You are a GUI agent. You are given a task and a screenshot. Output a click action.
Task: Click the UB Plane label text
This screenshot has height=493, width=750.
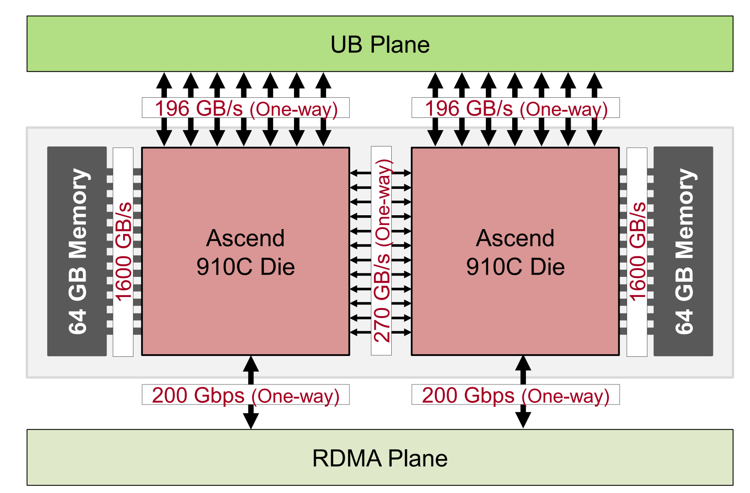pyautogui.click(x=380, y=45)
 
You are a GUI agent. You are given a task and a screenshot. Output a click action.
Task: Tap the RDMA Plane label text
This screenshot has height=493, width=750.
pyautogui.click(x=380, y=458)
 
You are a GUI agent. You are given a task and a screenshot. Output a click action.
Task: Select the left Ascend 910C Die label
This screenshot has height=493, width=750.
pyautogui.click(x=245, y=252)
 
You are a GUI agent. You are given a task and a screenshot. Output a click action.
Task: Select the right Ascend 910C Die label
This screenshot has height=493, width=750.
pyautogui.click(x=515, y=252)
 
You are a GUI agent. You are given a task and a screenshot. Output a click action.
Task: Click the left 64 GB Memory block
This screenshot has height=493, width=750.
pyautogui.click(x=77, y=251)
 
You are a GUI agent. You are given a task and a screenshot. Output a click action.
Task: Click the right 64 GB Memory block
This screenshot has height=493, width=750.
pyautogui.click(x=684, y=251)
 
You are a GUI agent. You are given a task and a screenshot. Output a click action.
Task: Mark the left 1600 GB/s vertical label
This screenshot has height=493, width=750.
pyautogui.click(x=123, y=252)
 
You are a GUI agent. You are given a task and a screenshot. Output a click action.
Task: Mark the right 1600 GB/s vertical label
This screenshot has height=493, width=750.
pyautogui.click(x=637, y=252)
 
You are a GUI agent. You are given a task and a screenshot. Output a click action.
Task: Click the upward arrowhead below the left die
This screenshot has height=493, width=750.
pyautogui.click(x=251, y=363)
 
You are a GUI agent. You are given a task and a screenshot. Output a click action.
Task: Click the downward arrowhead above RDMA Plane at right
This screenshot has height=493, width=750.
pyautogui.click(x=523, y=420)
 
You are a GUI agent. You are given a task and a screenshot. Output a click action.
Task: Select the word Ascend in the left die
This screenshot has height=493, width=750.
pyautogui.click(x=245, y=238)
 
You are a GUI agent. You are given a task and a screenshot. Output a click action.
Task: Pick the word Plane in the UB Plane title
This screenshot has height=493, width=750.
pyautogui.click(x=400, y=45)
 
